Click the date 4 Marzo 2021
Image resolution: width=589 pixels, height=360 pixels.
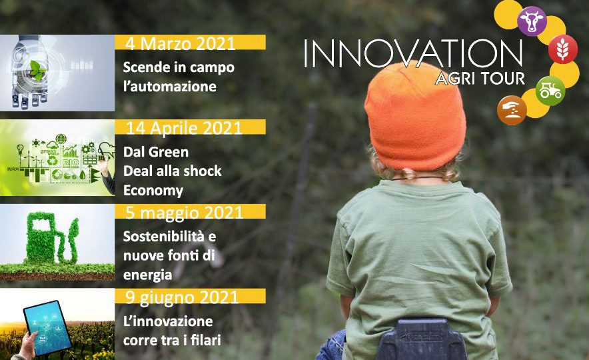click(x=181, y=43)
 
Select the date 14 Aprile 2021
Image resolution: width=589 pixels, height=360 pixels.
click(x=184, y=128)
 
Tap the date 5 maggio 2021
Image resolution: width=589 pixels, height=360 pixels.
click(x=184, y=213)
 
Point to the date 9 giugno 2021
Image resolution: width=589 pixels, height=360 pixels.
click(x=182, y=297)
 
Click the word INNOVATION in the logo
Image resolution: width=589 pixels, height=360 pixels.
click(x=413, y=54)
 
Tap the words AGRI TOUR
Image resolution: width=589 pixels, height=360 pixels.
click(x=480, y=78)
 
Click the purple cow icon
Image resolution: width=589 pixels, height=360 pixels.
click(x=532, y=21)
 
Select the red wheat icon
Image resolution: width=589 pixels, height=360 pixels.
click(x=563, y=49)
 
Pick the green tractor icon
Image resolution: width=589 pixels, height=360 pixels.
click(x=550, y=91)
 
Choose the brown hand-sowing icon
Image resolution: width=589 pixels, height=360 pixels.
click(x=512, y=110)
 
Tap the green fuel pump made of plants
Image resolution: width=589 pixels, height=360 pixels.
click(x=52, y=237)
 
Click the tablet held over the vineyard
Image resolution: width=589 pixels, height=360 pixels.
click(x=47, y=328)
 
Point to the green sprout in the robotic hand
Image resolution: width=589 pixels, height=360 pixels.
click(x=37, y=70)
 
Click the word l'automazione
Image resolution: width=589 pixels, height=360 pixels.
click(x=170, y=87)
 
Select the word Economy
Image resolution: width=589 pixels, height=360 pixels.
click(x=153, y=191)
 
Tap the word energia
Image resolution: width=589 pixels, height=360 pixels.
click(x=148, y=275)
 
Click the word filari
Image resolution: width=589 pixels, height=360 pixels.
click(x=205, y=341)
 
